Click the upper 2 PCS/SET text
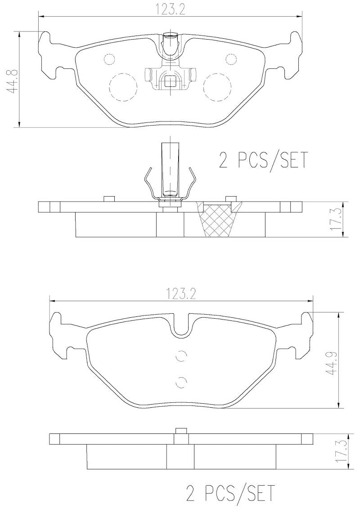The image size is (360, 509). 263,160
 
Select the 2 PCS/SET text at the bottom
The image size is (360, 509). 229,493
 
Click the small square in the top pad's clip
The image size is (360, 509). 171,81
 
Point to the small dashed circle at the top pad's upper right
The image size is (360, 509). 231,59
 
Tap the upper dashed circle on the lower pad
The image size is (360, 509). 181,356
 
